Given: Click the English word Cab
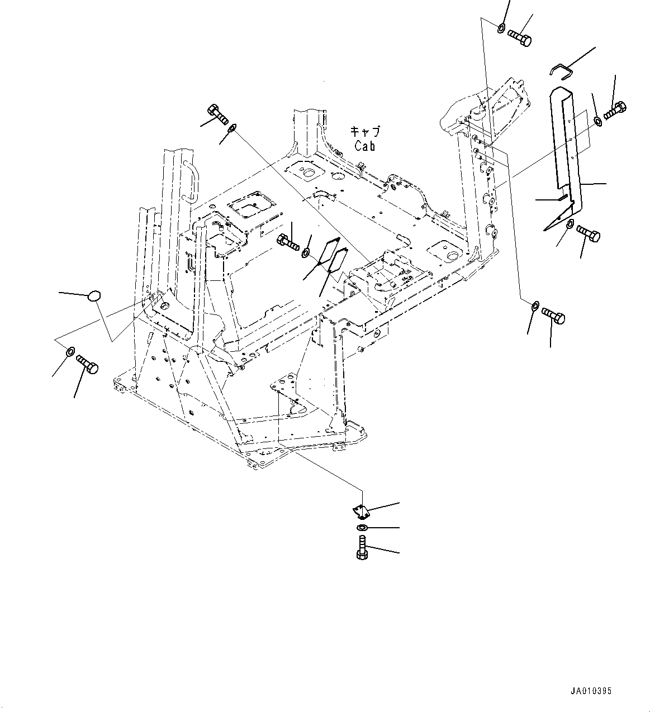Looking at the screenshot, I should pos(364,146).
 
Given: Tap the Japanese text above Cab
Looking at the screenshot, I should pos(364,132).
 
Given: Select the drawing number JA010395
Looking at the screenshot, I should pos(591,691).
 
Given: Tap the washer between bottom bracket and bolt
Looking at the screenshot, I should pos(362,528).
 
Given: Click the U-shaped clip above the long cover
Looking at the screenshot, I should pos(559,70).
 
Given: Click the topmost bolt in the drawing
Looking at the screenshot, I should pos(520,38).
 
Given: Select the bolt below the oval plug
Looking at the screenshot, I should pos(87,364).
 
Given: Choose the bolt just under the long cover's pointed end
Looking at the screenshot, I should pos(588,233).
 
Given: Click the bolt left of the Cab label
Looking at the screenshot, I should pos(218,114).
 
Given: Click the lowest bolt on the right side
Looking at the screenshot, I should pos(553,316).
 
